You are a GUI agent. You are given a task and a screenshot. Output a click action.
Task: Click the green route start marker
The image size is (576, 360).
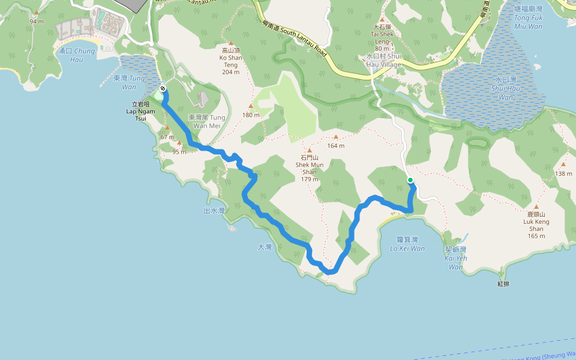[410, 180]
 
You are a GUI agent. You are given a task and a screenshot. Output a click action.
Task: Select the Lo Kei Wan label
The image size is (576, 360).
[407, 244]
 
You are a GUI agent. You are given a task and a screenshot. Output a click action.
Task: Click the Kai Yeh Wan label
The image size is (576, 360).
[455, 258]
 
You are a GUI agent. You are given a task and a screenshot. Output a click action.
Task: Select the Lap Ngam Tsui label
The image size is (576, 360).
[140, 111]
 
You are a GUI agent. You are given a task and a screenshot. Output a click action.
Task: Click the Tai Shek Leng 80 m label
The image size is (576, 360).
[382, 38]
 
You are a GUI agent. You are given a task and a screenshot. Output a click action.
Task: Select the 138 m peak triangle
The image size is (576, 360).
[563, 164]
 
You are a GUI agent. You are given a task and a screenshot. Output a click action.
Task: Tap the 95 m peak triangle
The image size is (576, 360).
[179, 143]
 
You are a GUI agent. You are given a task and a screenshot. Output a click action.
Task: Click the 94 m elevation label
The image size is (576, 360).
[37, 22]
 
